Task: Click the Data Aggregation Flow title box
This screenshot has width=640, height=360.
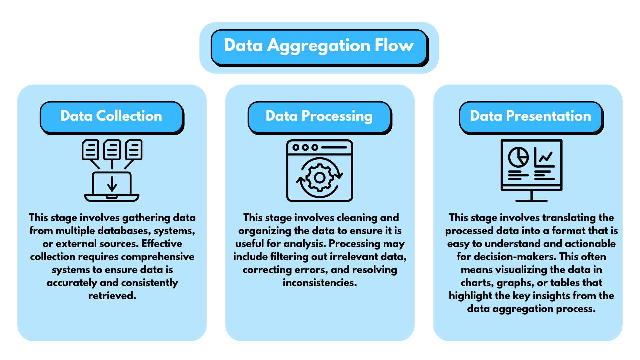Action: pyautogui.click(x=319, y=47)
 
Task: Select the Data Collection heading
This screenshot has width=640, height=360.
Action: pyautogui.click(x=111, y=116)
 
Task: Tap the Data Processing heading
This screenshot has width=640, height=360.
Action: pyautogui.click(x=319, y=116)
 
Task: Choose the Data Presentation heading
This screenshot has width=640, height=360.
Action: pyautogui.click(x=530, y=116)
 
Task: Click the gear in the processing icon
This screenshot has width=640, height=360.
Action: pyautogui.click(x=320, y=178)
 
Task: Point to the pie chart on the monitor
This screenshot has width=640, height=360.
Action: pyautogui.click(x=518, y=157)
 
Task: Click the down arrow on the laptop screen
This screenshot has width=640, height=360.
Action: pyautogui.click(x=112, y=184)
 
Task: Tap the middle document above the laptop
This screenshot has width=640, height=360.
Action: pyautogui.click(x=112, y=150)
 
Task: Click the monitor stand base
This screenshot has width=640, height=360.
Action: pyautogui.click(x=531, y=200)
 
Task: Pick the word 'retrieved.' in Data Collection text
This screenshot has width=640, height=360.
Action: pyautogui.click(x=112, y=296)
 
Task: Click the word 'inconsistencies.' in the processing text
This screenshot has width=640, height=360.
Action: pyautogui.click(x=320, y=283)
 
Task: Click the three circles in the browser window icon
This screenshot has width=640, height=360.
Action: pyautogui.click(x=305, y=147)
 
